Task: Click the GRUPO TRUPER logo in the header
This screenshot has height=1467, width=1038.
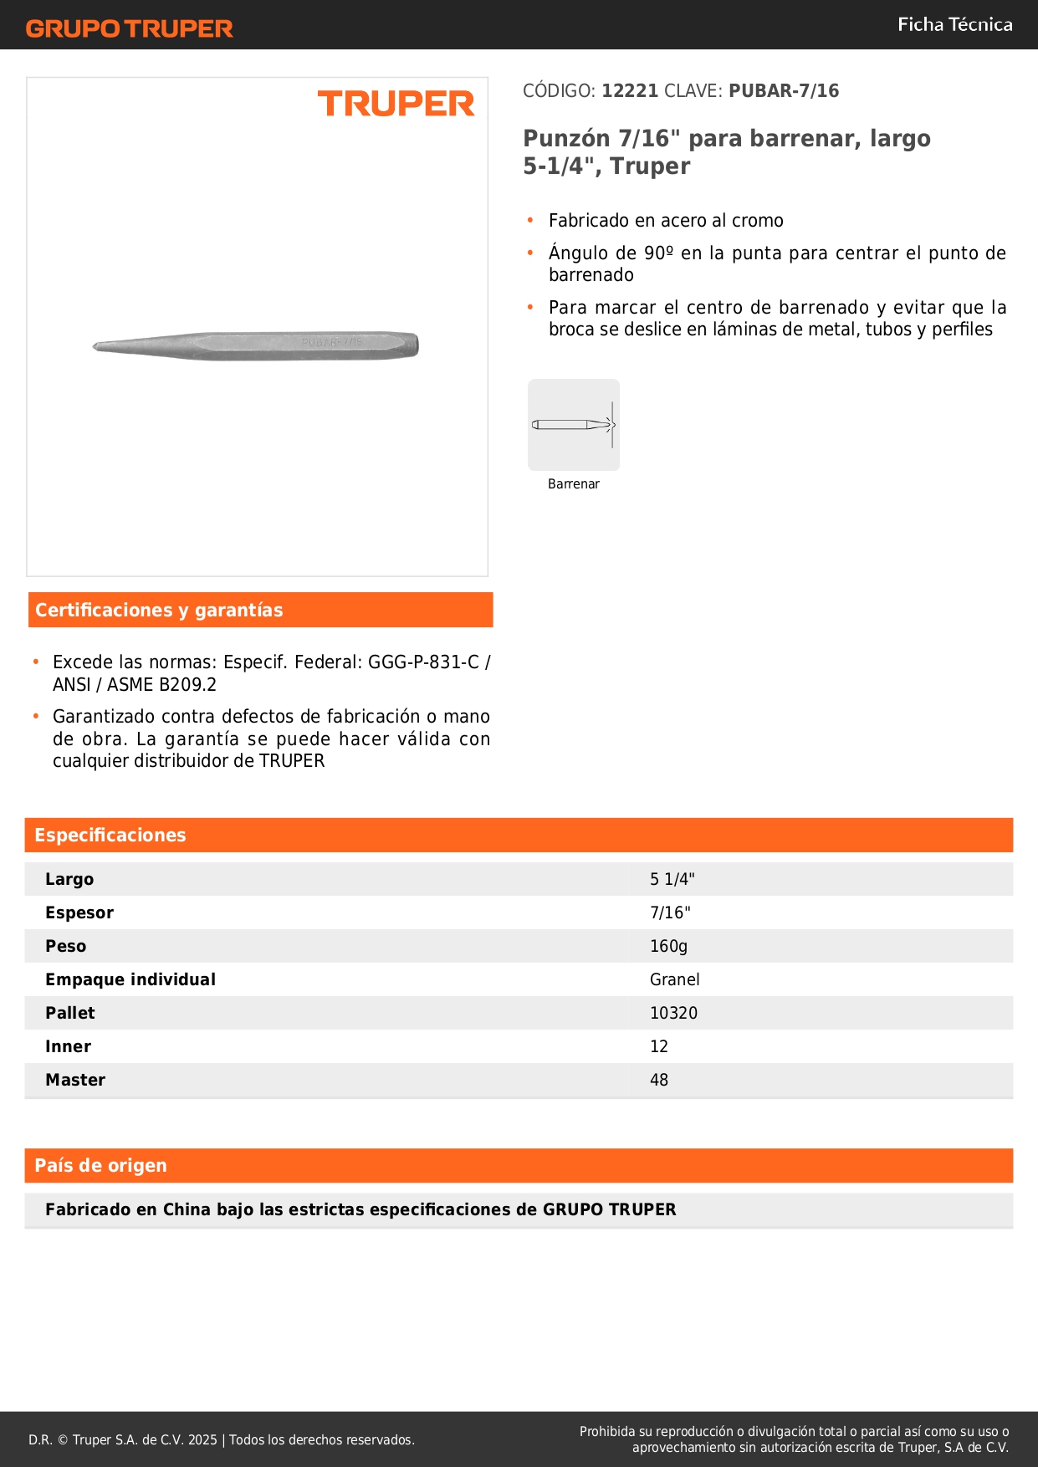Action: (x=130, y=28)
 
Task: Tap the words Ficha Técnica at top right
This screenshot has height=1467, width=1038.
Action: (x=954, y=25)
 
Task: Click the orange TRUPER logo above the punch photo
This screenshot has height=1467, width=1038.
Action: (x=396, y=105)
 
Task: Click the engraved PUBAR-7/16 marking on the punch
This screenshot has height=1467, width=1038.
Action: (x=332, y=343)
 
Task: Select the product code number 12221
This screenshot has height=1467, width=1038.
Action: (x=630, y=91)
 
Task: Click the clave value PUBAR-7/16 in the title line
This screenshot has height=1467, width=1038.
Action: (x=784, y=91)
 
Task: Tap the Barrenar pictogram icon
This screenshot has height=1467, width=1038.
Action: (x=574, y=425)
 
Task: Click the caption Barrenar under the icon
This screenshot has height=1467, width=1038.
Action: (x=574, y=484)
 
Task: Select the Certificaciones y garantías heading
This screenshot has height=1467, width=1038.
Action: (x=159, y=611)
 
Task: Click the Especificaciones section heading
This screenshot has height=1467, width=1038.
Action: (x=110, y=836)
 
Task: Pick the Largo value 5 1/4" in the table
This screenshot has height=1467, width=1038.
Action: (x=672, y=880)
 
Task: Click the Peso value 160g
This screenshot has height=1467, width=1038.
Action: (x=668, y=947)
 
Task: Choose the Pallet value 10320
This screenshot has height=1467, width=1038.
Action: (x=673, y=1014)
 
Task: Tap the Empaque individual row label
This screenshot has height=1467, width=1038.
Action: (x=130, y=980)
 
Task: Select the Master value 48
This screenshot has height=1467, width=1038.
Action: (x=659, y=1081)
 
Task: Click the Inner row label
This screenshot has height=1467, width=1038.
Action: (x=69, y=1047)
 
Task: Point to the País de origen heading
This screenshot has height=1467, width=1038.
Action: (x=101, y=1166)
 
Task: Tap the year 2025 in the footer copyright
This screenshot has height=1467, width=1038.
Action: (x=202, y=1440)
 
